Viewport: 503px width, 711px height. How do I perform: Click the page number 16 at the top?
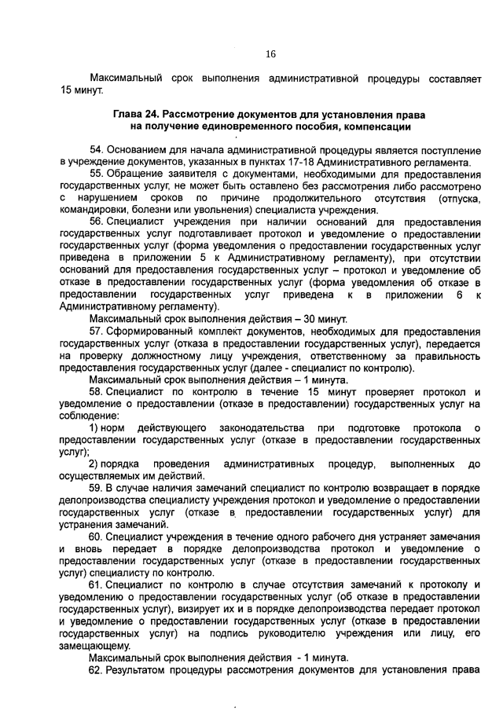270,54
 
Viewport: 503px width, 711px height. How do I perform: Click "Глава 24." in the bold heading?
136,115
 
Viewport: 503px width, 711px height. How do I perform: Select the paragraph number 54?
97,149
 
